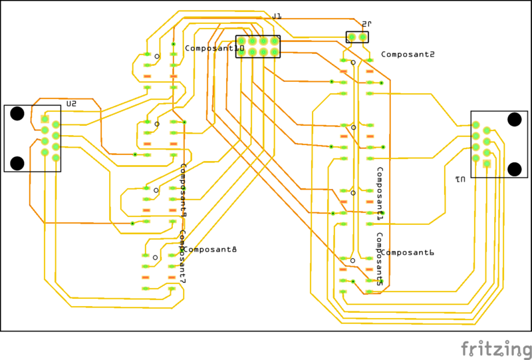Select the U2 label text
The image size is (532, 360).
(71, 104)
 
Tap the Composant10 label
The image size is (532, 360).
(214, 49)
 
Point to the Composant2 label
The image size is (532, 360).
(408, 55)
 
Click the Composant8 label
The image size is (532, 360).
(209, 250)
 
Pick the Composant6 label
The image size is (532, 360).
(407, 253)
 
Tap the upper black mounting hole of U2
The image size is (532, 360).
(18, 113)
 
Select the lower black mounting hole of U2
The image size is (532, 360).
(18, 163)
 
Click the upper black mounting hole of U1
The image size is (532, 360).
(514, 120)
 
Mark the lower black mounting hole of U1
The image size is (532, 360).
(514, 169)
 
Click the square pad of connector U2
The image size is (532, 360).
(45, 119)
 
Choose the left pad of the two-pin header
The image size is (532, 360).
(352, 38)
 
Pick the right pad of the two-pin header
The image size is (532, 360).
(362, 38)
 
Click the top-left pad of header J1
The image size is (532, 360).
(242, 41)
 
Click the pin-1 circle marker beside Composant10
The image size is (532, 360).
(157, 57)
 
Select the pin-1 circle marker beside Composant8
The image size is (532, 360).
(155, 258)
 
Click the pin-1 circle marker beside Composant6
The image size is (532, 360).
(353, 260)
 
